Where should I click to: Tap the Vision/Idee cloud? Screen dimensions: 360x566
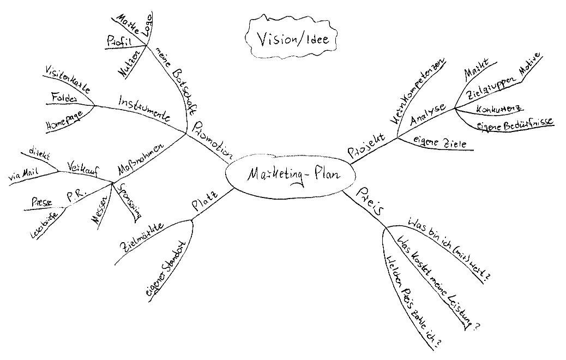[x=290, y=38]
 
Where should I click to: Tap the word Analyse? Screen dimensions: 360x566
[x=428, y=112]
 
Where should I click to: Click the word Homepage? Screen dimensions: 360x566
[x=65, y=121]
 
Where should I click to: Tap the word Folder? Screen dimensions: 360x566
[x=64, y=98]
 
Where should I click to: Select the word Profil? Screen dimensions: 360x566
[x=119, y=43]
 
